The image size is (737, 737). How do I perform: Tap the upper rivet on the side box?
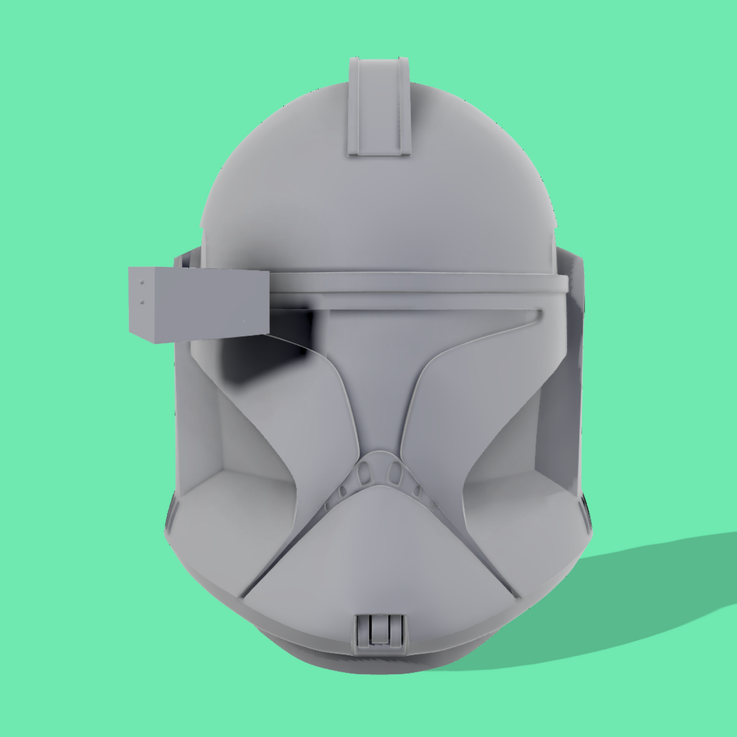coord(141,283)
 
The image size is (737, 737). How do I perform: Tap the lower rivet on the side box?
coord(141,301)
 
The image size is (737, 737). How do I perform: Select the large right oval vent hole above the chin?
coord(395,472)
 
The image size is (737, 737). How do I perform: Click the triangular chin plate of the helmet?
coord(377,553)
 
